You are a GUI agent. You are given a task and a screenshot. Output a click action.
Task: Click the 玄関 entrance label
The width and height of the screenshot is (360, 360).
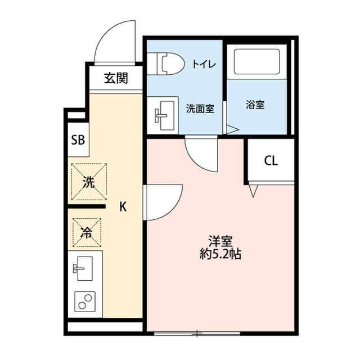(x=115, y=78)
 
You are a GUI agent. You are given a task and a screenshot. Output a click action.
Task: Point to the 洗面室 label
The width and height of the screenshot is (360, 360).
(x=200, y=109)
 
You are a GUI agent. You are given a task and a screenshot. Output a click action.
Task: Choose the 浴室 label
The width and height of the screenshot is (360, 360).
(x=255, y=105)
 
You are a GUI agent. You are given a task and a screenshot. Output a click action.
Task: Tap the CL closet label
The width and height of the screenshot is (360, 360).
(x=271, y=161)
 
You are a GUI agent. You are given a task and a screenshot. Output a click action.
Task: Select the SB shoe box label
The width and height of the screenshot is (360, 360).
(x=77, y=140)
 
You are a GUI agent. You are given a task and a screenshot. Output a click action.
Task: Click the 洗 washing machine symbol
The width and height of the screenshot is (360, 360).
(x=88, y=182)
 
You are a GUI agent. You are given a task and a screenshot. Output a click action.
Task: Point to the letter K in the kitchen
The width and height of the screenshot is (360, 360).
(x=123, y=207)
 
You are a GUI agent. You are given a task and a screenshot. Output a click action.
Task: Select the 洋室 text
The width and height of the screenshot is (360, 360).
(x=220, y=241)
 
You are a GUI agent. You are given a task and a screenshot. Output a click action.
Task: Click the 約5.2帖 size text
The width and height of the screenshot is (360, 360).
(x=221, y=254)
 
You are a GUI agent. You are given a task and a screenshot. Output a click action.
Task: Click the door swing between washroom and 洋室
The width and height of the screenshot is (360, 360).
(x=201, y=153)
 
